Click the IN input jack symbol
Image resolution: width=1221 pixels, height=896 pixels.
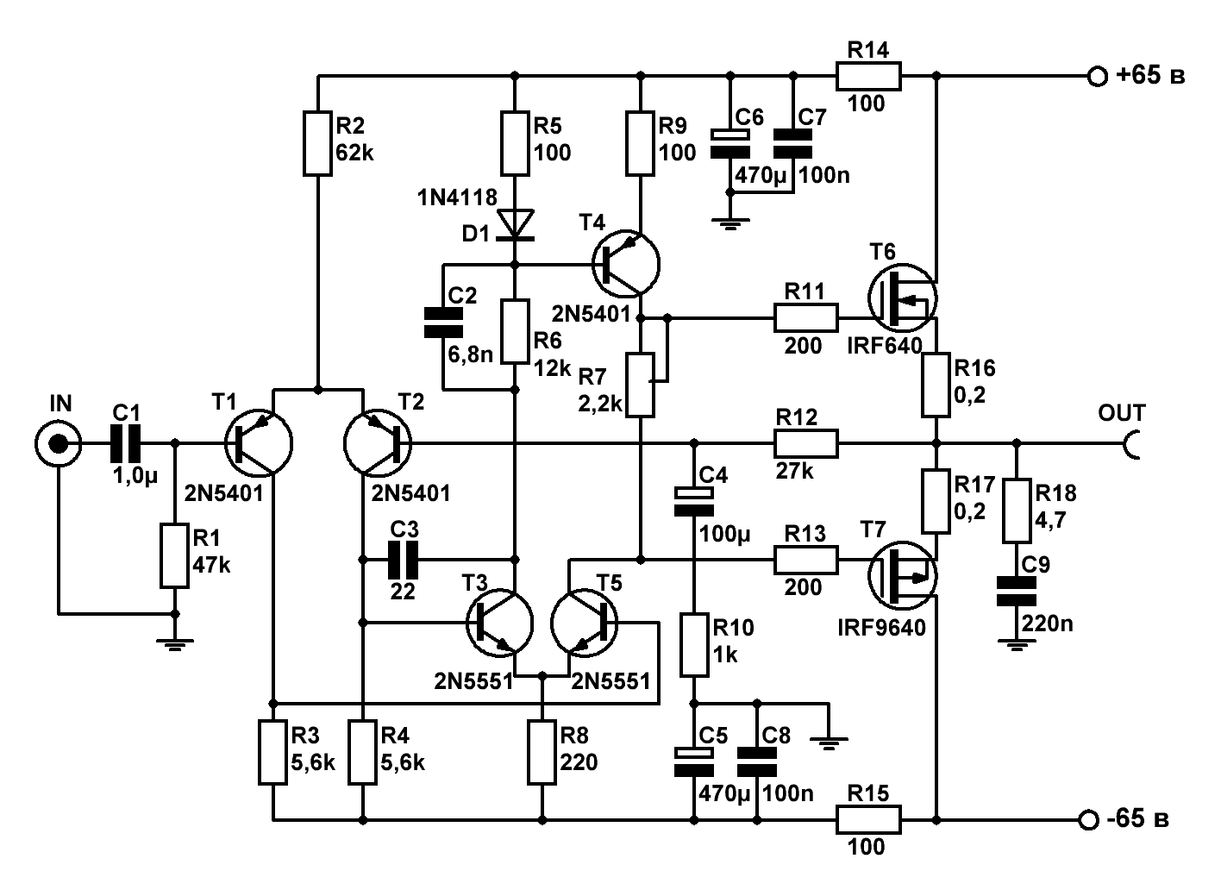tap(59, 443)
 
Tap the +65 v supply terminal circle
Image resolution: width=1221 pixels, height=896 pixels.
tap(1098, 76)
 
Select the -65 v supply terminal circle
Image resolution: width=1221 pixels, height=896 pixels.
tap(1088, 819)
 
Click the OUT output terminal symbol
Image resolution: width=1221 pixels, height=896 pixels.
tap(1131, 443)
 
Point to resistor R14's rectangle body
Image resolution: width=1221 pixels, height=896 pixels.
tap(868, 76)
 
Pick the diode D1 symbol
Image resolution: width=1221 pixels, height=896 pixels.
tap(515, 224)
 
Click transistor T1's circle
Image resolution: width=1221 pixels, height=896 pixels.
tap(259, 443)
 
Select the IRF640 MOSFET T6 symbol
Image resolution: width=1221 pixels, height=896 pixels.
tap(902, 298)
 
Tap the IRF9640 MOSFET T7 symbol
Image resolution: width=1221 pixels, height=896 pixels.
tap(902, 575)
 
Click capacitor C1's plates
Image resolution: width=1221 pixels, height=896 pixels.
tap(125, 443)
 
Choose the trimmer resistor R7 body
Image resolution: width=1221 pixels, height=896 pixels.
tap(640, 385)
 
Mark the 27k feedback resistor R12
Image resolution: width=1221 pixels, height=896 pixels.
tap(805, 443)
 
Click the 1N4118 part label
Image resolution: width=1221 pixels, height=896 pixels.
tap(457, 197)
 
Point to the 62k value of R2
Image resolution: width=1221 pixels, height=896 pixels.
tap(354, 154)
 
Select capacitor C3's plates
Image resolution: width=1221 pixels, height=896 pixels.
tap(403, 560)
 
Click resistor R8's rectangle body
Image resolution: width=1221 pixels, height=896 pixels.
tap(542, 752)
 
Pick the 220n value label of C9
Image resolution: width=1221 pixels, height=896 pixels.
tap(1047, 623)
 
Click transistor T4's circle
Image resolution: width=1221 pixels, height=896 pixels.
tap(626, 265)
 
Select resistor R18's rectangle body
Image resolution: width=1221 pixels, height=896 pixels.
tap(1017, 511)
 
